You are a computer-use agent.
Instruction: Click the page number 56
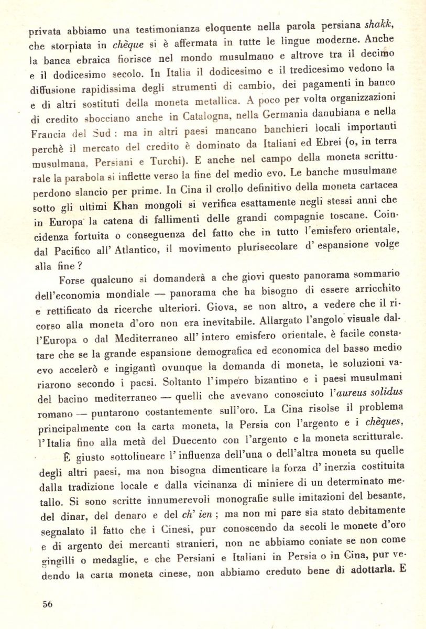coord(48,603)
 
